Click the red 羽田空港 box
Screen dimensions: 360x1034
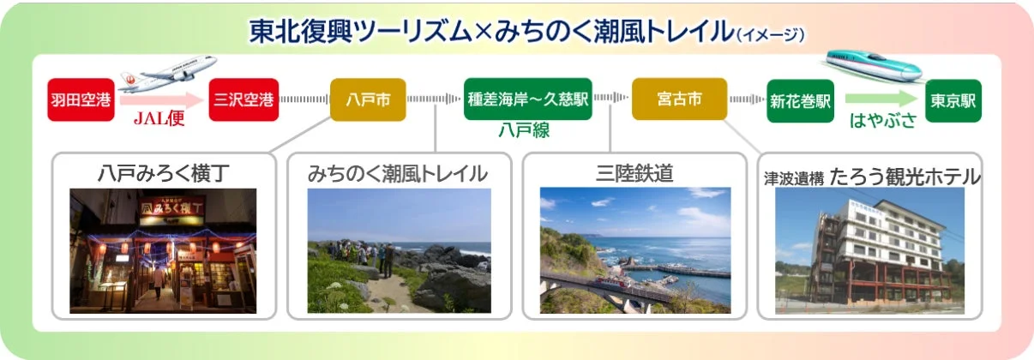click(81, 100)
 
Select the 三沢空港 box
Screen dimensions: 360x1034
click(244, 100)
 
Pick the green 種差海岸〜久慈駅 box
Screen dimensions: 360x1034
click(528, 99)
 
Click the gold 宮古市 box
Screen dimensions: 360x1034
click(679, 99)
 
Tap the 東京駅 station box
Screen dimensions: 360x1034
click(953, 100)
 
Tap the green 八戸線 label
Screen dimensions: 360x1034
click(524, 130)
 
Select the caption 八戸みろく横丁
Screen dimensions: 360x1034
click(165, 172)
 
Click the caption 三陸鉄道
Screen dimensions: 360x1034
click(634, 172)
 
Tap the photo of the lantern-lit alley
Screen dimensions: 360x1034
click(163, 250)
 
